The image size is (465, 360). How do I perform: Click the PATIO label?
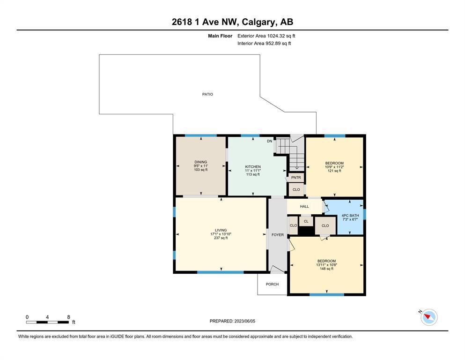tap(207, 94)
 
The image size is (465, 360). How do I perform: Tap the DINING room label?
tap(201, 162)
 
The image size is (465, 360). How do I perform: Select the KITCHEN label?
tap(253, 167)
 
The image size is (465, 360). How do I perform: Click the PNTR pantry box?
tap(296, 178)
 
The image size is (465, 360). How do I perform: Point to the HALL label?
tap(304, 206)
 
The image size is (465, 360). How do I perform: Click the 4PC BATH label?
tap(350, 216)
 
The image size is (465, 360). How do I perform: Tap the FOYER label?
tap(278, 235)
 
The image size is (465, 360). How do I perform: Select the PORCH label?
tap(272, 284)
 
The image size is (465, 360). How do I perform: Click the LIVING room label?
tap(221, 230)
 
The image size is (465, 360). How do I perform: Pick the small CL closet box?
tap(306, 221)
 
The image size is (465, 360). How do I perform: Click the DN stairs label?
tap(269, 141)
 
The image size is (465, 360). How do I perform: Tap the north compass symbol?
tap(429, 317)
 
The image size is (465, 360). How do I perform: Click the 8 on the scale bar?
tap(68, 317)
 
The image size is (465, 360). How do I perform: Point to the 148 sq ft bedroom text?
tap(326, 269)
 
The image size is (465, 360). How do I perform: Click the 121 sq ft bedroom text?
tap(334, 171)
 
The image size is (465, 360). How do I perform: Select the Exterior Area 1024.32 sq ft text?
tap(266, 36)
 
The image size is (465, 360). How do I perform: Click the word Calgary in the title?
tap(258, 22)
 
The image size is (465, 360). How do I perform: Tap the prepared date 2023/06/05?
tap(244, 321)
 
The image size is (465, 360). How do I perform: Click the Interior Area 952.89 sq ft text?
tap(264, 43)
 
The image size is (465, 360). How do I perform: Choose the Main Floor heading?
tap(220, 36)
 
